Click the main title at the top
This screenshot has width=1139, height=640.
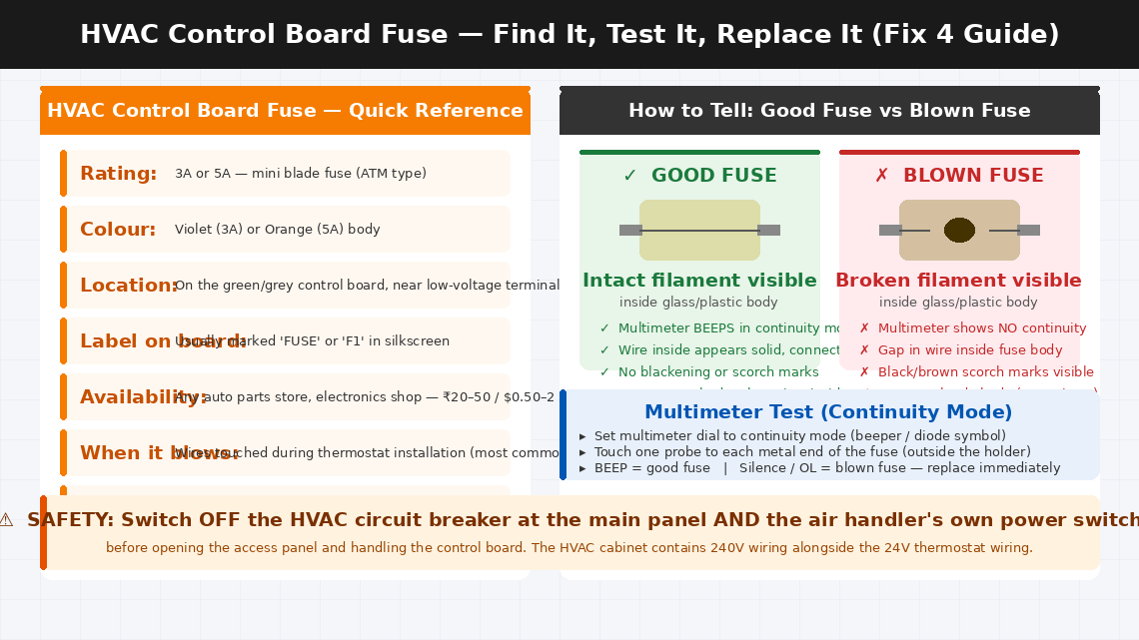[x=569, y=34]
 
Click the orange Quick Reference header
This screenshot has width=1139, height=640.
[x=285, y=111]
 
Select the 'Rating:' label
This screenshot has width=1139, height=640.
[x=118, y=174]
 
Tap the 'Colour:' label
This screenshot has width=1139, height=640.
[x=118, y=230]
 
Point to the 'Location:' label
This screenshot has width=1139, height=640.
[x=128, y=286]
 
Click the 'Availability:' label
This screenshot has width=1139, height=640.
[x=143, y=397]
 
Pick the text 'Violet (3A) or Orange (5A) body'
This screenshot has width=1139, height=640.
[x=277, y=230]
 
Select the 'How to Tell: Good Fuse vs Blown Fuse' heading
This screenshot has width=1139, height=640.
[x=829, y=111]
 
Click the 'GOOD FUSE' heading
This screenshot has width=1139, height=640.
[x=713, y=176]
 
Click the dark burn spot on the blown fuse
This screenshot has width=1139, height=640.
[x=959, y=231]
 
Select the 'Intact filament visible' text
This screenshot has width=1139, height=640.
[x=699, y=281]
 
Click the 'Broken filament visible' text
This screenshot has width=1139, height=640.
[x=958, y=281]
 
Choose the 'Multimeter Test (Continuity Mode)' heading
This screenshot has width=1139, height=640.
[x=828, y=412]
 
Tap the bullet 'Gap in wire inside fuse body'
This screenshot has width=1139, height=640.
[x=969, y=350]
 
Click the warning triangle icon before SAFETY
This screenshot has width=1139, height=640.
[x=6, y=520]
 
